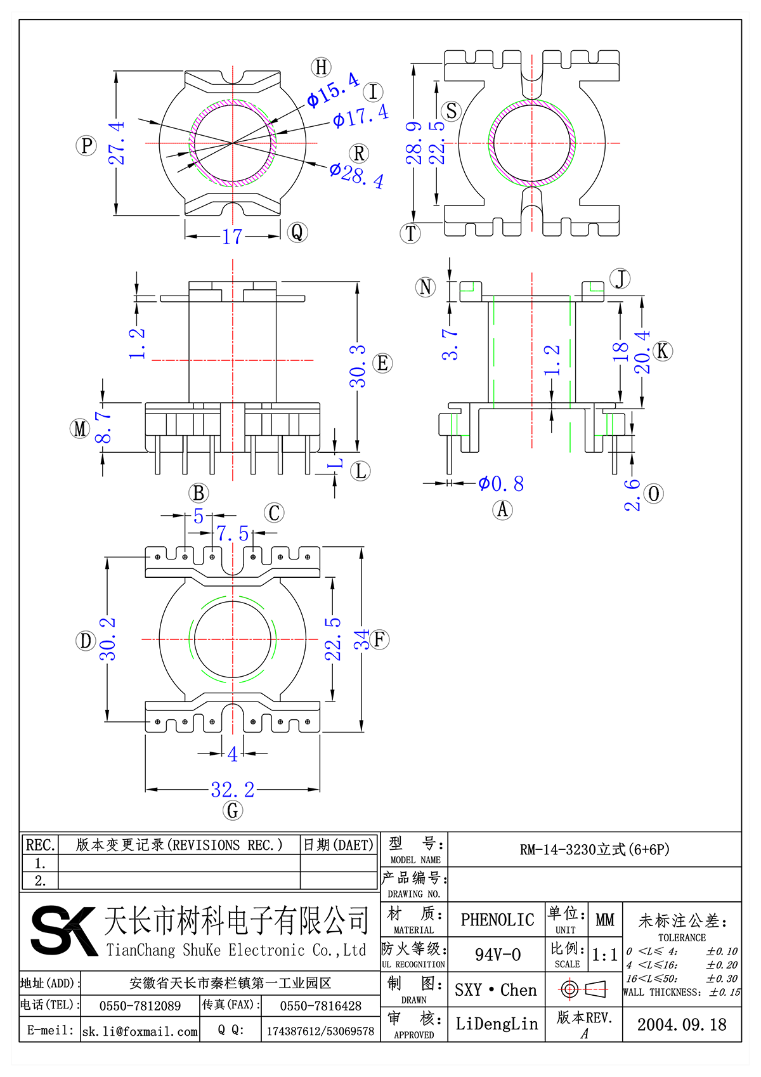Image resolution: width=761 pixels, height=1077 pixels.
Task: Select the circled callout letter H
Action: click(x=322, y=67)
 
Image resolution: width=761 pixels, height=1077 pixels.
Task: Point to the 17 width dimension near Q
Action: click(x=232, y=237)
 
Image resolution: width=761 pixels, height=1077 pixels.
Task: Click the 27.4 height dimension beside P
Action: click(x=117, y=143)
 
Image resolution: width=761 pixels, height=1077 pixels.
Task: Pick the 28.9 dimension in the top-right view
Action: click(x=414, y=143)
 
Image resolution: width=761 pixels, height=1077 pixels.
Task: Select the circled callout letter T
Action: click(x=411, y=233)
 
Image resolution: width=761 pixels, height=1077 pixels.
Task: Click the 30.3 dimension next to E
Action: click(x=358, y=366)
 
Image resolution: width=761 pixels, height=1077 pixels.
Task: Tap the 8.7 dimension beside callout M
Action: click(x=103, y=428)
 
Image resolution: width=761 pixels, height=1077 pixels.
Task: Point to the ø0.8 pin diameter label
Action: click(x=501, y=484)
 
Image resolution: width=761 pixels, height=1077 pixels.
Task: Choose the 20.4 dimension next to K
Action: click(x=642, y=351)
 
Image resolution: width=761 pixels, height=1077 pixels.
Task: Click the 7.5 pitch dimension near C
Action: click(x=232, y=533)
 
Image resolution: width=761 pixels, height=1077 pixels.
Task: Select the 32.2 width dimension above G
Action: click(x=232, y=790)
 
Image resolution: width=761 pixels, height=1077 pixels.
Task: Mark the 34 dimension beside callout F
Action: click(x=361, y=639)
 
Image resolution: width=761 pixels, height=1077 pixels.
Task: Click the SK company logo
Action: click(x=62, y=930)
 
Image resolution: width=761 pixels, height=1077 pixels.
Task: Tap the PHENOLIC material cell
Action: click(x=497, y=920)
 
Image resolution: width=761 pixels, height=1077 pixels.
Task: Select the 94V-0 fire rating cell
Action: click(x=497, y=955)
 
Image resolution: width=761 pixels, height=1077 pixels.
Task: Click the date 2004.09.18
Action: click(x=682, y=1024)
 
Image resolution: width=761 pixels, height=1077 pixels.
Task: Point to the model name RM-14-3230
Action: click(x=594, y=849)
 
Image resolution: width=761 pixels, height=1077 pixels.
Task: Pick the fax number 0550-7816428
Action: click(x=320, y=1006)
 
